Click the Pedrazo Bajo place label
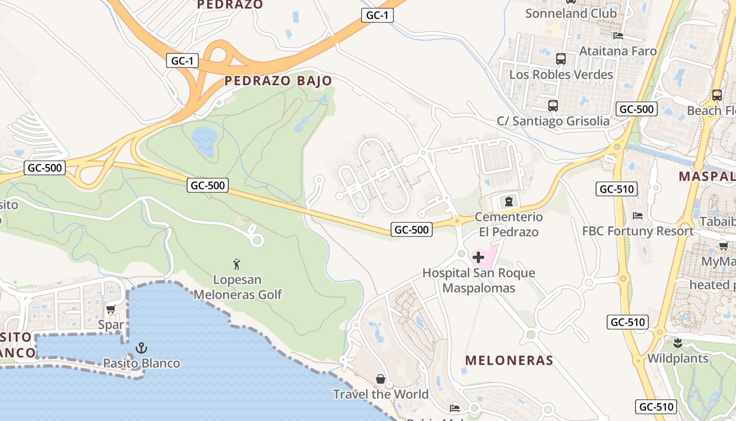(278, 81)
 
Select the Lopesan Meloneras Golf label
(238, 287)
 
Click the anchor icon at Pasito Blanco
(141, 347)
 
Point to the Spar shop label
(111, 325)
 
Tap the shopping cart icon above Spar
(110, 309)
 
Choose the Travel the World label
(381, 394)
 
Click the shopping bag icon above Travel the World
(381, 379)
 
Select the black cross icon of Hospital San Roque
(478, 257)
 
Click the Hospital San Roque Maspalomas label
(478, 280)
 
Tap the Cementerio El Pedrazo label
(508, 224)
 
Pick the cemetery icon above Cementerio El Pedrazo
(508, 201)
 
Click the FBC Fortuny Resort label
(638, 231)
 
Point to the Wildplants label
(678, 359)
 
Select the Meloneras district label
(509, 360)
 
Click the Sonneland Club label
(570, 14)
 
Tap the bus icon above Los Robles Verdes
(560, 59)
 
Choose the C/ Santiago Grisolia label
(553, 121)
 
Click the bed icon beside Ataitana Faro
(618, 36)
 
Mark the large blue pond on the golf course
(205, 140)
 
